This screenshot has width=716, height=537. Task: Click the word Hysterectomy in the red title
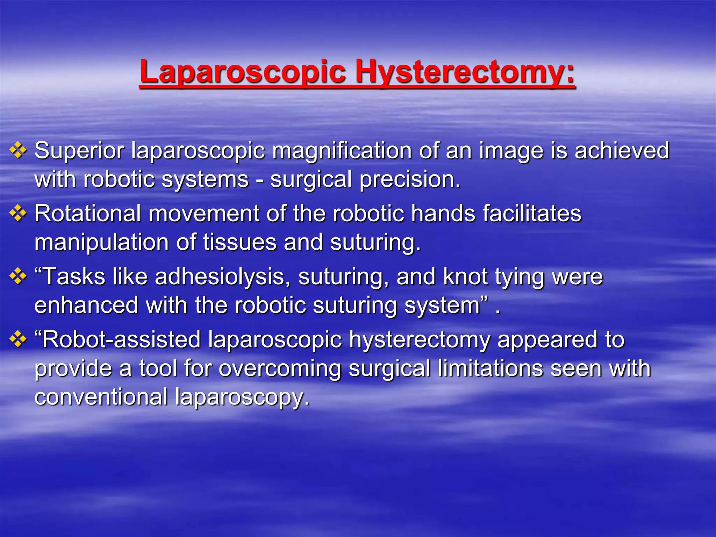point(465,72)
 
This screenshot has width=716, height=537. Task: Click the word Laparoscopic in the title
point(243,72)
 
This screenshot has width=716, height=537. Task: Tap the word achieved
point(622,151)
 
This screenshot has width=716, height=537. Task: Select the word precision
point(410,179)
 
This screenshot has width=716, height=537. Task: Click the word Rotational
point(87,214)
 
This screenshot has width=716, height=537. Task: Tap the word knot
point(465,277)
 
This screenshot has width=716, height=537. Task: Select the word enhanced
point(86,305)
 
